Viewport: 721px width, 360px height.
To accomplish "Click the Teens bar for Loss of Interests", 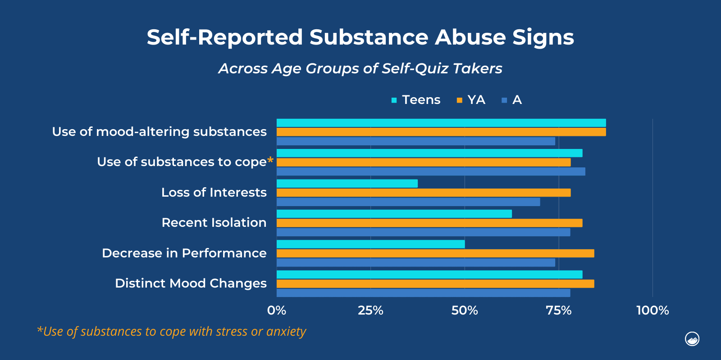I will click(347, 184).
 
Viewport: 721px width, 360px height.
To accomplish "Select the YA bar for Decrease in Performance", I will click(435, 253).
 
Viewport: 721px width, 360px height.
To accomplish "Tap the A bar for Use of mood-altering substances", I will click(415, 141).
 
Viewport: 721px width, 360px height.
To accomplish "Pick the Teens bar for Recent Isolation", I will click(394, 214).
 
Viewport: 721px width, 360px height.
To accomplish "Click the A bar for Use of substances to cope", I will click(431, 171).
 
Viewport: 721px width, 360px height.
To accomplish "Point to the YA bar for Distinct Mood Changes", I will click(435, 283).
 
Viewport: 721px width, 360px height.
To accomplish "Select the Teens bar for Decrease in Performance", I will click(370, 244).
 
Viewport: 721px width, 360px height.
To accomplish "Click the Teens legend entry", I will click(416, 100).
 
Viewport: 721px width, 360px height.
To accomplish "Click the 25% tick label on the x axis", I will click(370, 310).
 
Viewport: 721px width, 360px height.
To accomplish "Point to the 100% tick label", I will click(653, 310).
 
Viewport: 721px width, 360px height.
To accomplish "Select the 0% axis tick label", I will click(277, 310).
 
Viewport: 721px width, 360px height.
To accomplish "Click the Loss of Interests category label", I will click(214, 193).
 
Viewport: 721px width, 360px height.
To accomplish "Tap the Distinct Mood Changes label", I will click(191, 283).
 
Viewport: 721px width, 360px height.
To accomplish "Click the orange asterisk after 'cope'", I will click(270, 160).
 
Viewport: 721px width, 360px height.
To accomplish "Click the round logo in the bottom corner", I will click(692, 339).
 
